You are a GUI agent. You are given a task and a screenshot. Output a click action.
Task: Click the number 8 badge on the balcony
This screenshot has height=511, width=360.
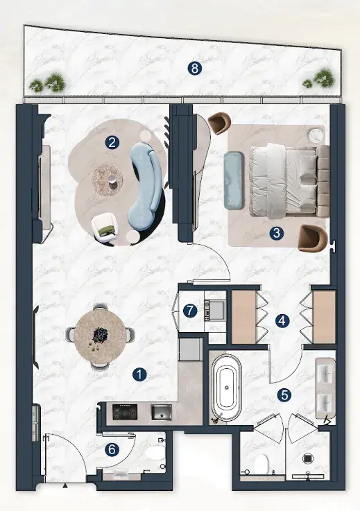pos(195,69)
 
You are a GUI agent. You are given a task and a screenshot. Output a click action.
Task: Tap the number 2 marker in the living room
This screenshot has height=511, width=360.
pos(112,142)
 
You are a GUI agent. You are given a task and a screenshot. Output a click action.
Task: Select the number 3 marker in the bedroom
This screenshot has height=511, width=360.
pos(277,233)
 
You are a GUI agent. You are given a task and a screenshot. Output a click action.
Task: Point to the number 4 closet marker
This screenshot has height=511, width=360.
pos(282,321)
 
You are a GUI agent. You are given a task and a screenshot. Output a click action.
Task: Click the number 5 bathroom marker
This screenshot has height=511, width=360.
pos(284,395)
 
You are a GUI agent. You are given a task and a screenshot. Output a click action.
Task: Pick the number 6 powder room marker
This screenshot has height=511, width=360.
pos(112,450)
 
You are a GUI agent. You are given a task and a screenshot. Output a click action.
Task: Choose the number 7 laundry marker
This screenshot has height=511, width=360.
pos(190,311)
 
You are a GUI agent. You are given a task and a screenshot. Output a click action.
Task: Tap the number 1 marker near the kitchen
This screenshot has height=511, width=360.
pos(139,375)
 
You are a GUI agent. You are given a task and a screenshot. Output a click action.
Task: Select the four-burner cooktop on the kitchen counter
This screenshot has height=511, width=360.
pos(125,413)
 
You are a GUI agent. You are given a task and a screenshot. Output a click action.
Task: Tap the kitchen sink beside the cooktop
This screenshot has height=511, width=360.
pos(161,413)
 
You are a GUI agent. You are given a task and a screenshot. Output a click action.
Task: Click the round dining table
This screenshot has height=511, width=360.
pos(101,336)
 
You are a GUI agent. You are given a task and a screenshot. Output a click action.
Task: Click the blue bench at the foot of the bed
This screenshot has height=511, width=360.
pos(234,180)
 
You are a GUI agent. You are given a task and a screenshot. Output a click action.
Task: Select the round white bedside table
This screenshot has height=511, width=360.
pos(316,135)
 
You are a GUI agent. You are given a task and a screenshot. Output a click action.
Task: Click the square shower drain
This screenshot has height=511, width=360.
pos(308,459)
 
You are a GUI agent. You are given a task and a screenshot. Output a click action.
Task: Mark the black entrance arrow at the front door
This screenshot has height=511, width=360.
pos(65,486)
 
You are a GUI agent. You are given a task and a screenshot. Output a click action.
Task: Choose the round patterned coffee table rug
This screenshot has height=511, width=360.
pos(108,180)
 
